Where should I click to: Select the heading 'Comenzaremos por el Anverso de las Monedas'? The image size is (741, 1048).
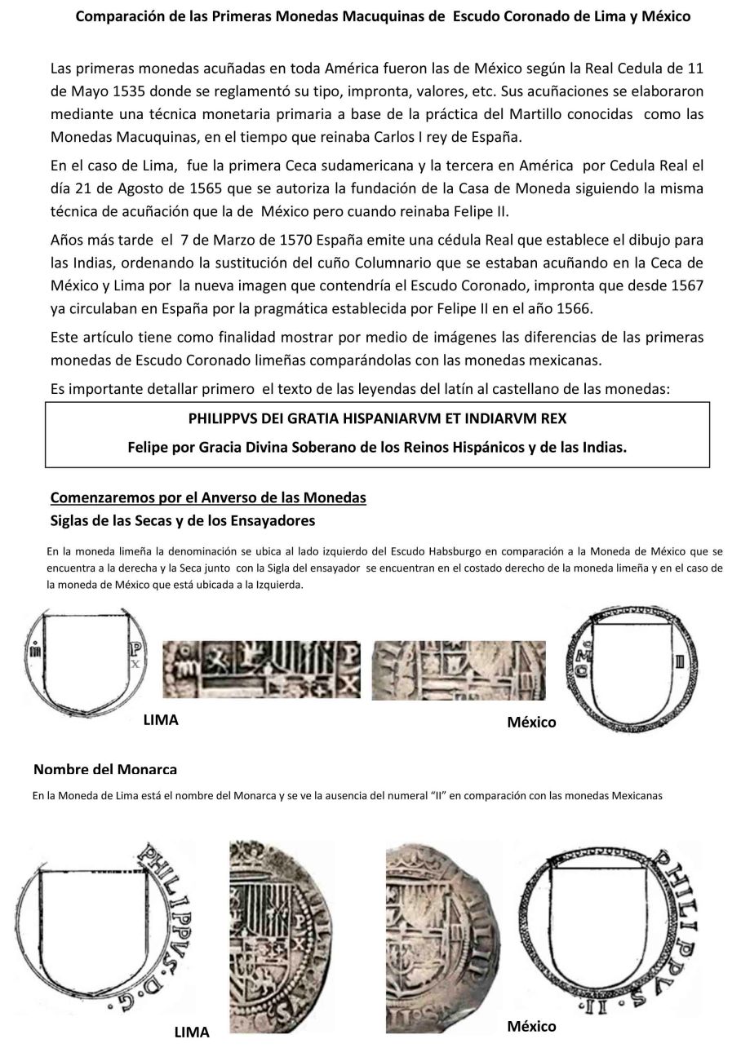pos(208,497)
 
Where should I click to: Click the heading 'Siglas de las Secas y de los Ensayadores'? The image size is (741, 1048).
pos(183,520)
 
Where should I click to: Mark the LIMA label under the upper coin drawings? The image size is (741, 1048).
pos(161,720)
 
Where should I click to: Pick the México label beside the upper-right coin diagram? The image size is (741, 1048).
pos(531,722)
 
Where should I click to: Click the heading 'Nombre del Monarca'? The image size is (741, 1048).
pos(105,770)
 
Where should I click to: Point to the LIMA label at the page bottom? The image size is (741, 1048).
pos(192,1033)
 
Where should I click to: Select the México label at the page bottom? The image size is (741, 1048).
pos(531,1026)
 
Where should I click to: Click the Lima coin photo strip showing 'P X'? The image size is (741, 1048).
pos(261,669)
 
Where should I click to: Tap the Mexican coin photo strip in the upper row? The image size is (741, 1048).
pos(459,670)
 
